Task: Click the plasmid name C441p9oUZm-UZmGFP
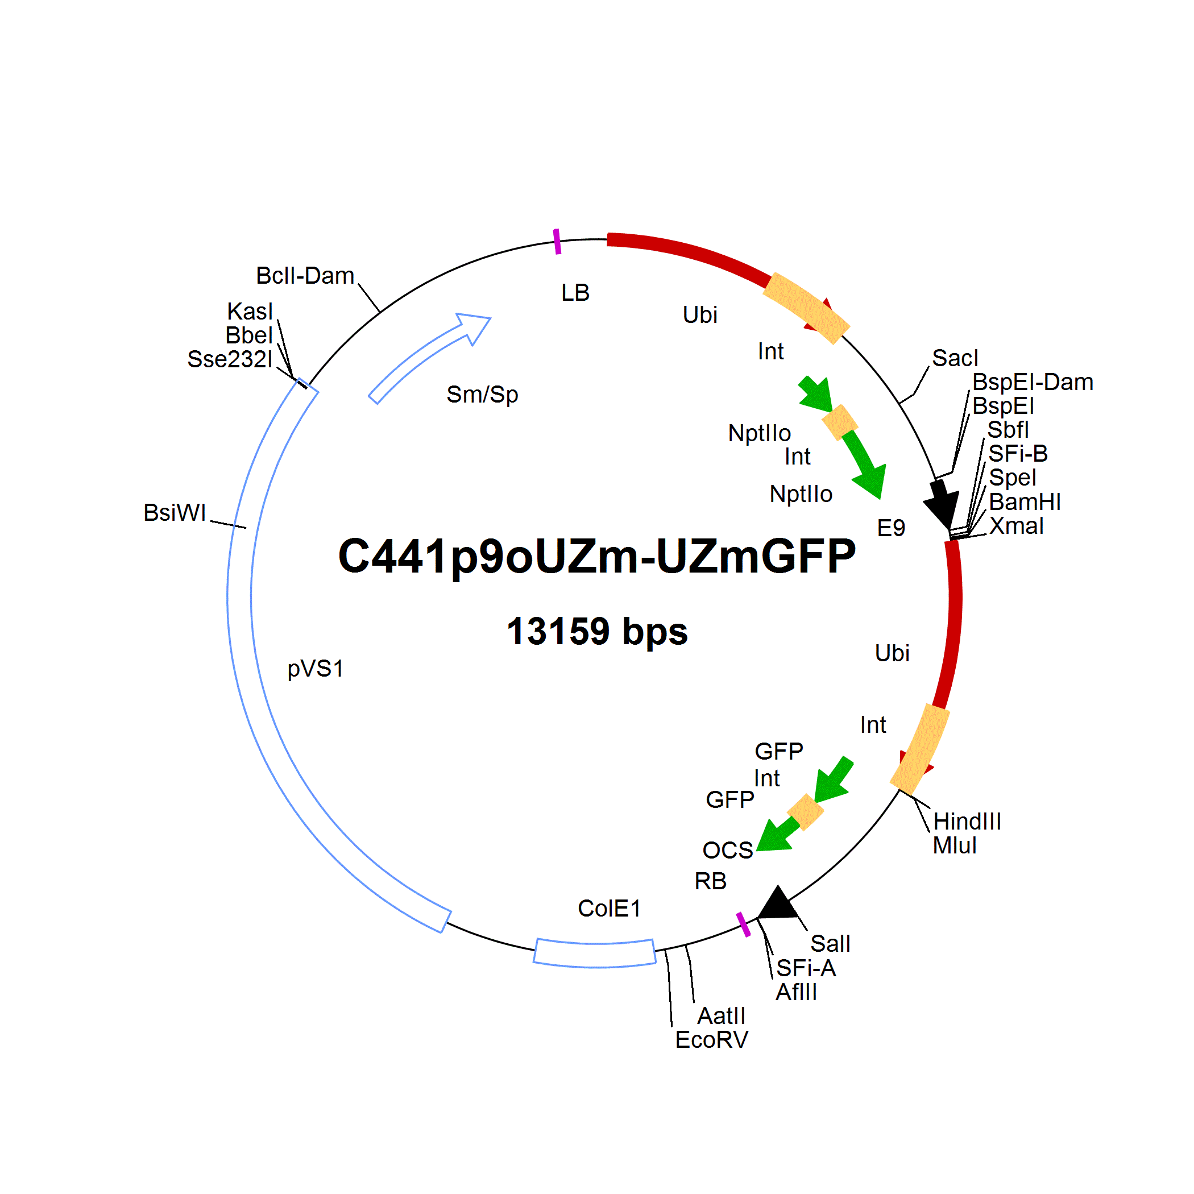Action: click(x=597, y=557)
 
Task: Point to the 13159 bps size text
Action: click(x=597, y=632)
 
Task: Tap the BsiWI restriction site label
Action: click(x=175, y=512)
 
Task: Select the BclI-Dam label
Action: click(x=305, y=276)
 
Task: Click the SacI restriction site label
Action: click(x=955, y=358)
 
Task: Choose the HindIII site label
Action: click(x=967, y=822)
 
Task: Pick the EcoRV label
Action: click(x=711, y=1040)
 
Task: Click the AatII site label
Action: click(x=721, y=1016)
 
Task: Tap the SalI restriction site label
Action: click(x=831, y=944)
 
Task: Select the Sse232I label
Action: click(x=230, y=359)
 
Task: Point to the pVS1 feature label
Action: click(x=315, y=668)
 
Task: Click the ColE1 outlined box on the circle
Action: click(x=595, y=953)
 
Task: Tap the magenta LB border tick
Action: click(x=557, y=241)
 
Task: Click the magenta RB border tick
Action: click(x=744, y=924)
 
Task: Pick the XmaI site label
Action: click(x=1017, y=526)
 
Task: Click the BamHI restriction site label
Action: click(x=1025, y=502)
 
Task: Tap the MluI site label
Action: click(x=955, y=845)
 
